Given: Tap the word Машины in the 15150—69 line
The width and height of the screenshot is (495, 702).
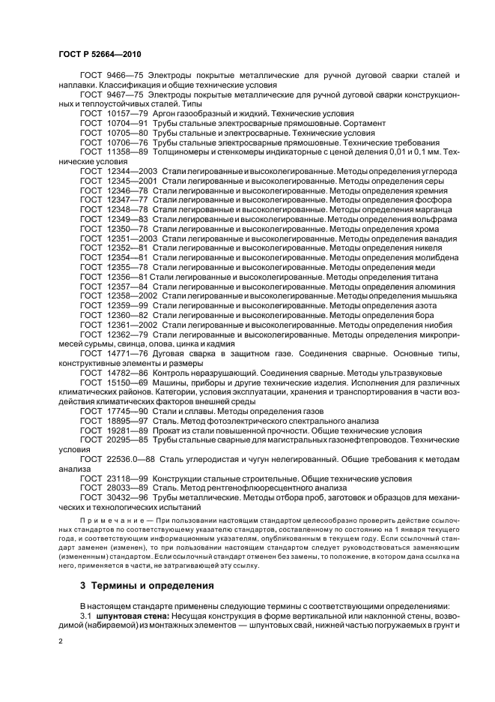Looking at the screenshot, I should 171,382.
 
